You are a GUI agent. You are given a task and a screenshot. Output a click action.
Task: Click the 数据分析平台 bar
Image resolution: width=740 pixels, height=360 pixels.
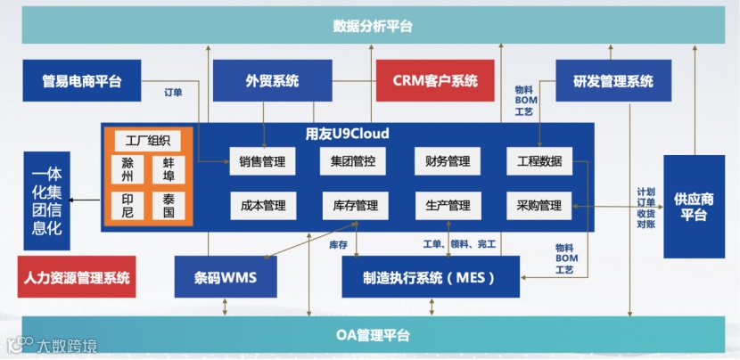pos(373,26)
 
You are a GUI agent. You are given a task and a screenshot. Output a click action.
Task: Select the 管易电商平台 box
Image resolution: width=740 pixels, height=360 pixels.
pos(81,81)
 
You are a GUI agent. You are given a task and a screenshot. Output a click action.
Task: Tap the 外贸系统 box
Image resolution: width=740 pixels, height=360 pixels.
pos(272,81)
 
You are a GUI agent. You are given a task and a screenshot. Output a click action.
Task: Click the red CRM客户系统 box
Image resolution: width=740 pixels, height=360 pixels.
pos(435,81)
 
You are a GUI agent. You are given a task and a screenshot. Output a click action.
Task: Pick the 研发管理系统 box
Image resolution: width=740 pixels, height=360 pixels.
pos(613,81)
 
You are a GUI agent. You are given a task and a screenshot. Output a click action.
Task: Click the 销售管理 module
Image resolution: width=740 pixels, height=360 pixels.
pos(262,161)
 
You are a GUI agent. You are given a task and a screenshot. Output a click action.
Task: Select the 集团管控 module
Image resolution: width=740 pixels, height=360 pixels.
pos(354,161)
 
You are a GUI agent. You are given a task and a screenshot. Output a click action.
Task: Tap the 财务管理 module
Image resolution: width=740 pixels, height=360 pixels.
pos(448,161)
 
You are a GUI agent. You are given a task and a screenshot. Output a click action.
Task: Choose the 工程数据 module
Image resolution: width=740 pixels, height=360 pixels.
pos(539,161)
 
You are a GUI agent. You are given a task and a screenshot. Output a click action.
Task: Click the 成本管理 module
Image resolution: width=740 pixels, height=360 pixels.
pos(262,206)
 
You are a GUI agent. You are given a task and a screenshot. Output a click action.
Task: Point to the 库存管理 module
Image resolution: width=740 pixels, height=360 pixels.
pos(354,206)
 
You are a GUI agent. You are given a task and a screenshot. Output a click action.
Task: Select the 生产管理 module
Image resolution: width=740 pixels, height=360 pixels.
pos(448,206)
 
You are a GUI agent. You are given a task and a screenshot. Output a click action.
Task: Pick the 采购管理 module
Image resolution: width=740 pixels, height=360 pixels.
pos(539,206)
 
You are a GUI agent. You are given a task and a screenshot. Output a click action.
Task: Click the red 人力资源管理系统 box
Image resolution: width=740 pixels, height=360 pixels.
pos(77,277)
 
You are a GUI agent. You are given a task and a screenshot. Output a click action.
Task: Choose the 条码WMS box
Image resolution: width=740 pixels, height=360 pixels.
pos(226,277)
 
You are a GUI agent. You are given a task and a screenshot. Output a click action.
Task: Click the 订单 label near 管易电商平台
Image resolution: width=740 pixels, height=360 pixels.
pos(174,92)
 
